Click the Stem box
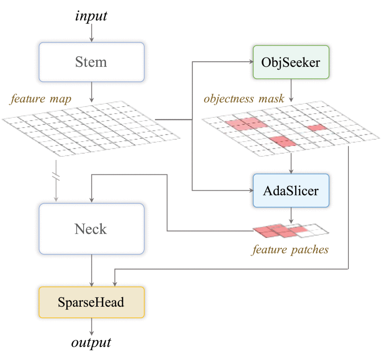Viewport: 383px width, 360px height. click(92, 62)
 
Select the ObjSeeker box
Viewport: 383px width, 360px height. click(291, 62)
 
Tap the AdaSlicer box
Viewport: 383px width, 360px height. click(291, 191)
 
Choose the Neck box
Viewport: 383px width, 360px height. click(92, 229)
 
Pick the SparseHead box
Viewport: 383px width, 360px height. click(92, 302)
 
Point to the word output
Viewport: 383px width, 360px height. click(92, 343)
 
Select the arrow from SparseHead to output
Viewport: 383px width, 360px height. click(92, 325)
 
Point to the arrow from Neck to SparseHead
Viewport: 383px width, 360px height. click(92, 270)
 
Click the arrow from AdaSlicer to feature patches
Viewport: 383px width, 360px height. click(291, 215)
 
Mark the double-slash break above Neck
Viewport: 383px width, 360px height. click(56, 177)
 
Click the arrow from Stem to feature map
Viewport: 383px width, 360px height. click(92, 92)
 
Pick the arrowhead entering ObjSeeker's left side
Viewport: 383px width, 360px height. click(250, 62)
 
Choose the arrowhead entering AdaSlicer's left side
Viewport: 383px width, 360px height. click(250, 190)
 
